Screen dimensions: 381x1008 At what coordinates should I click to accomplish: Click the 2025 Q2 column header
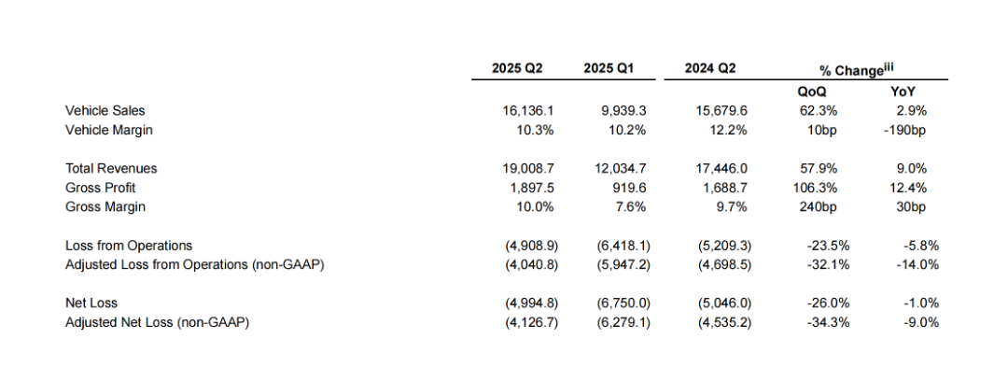pos(517,68)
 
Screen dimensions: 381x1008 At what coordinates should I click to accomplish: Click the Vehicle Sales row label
pos(105,111)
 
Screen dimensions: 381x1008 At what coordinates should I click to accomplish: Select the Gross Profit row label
pos(101,188)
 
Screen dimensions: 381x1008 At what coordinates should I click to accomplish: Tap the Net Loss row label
pos(91,303)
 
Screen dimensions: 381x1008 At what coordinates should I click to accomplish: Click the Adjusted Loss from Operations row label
pos(194,264)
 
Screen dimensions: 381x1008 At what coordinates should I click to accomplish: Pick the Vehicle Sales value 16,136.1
pos(528,111)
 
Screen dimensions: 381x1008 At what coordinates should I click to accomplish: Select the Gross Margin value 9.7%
pos(732,206)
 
